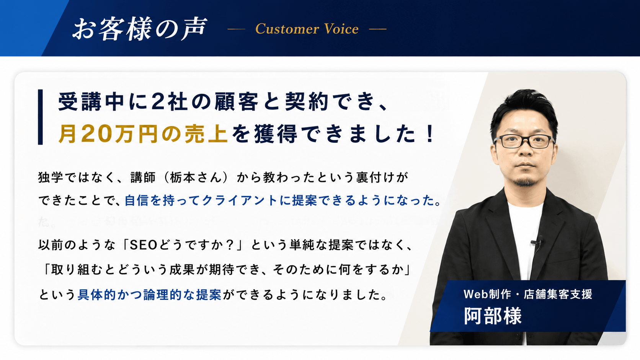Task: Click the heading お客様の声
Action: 140,29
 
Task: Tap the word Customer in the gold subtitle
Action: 287,29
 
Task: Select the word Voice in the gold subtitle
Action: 341,29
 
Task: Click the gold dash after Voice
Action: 377,29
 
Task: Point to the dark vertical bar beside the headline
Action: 40,117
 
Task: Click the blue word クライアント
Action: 240,200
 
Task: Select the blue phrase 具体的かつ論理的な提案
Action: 149,295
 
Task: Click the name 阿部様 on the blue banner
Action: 493,316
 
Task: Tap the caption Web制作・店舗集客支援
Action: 528,294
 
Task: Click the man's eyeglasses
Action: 524,141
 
